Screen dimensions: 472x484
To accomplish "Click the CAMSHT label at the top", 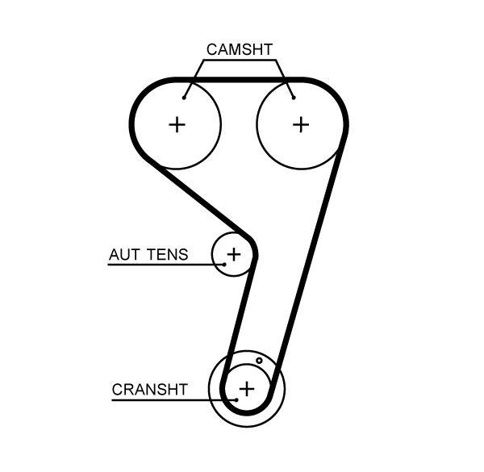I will pos(239,49).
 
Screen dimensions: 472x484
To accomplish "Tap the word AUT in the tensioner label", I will pos(123,255).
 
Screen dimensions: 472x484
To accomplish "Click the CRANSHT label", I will pos(149,390).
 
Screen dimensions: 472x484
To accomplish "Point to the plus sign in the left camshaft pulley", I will pos(177,124).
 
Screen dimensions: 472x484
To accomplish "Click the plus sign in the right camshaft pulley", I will pos(300,124).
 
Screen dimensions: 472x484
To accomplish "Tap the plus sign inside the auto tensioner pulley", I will pos(233,255).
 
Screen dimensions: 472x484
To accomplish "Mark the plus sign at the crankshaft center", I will pos(247,389).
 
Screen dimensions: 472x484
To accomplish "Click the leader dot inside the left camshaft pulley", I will pos(185,98).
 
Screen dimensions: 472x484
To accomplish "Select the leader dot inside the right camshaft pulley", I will pos(294,98).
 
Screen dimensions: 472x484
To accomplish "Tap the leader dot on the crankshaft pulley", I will pos(236,399).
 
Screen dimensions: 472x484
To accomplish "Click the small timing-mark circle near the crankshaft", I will pos(259,361).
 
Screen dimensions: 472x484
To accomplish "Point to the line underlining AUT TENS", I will pos(161,264).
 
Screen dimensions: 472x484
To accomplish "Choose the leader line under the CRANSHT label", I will pos(169,399).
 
